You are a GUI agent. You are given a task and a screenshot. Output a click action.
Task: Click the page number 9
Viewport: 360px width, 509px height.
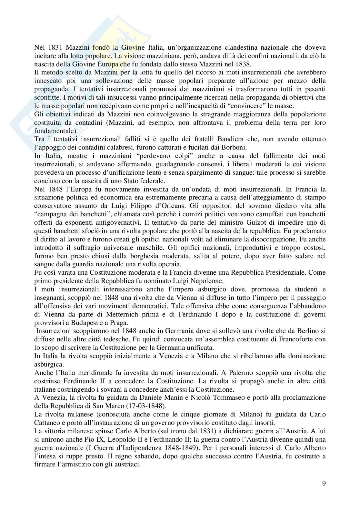(x=324, y=483)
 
